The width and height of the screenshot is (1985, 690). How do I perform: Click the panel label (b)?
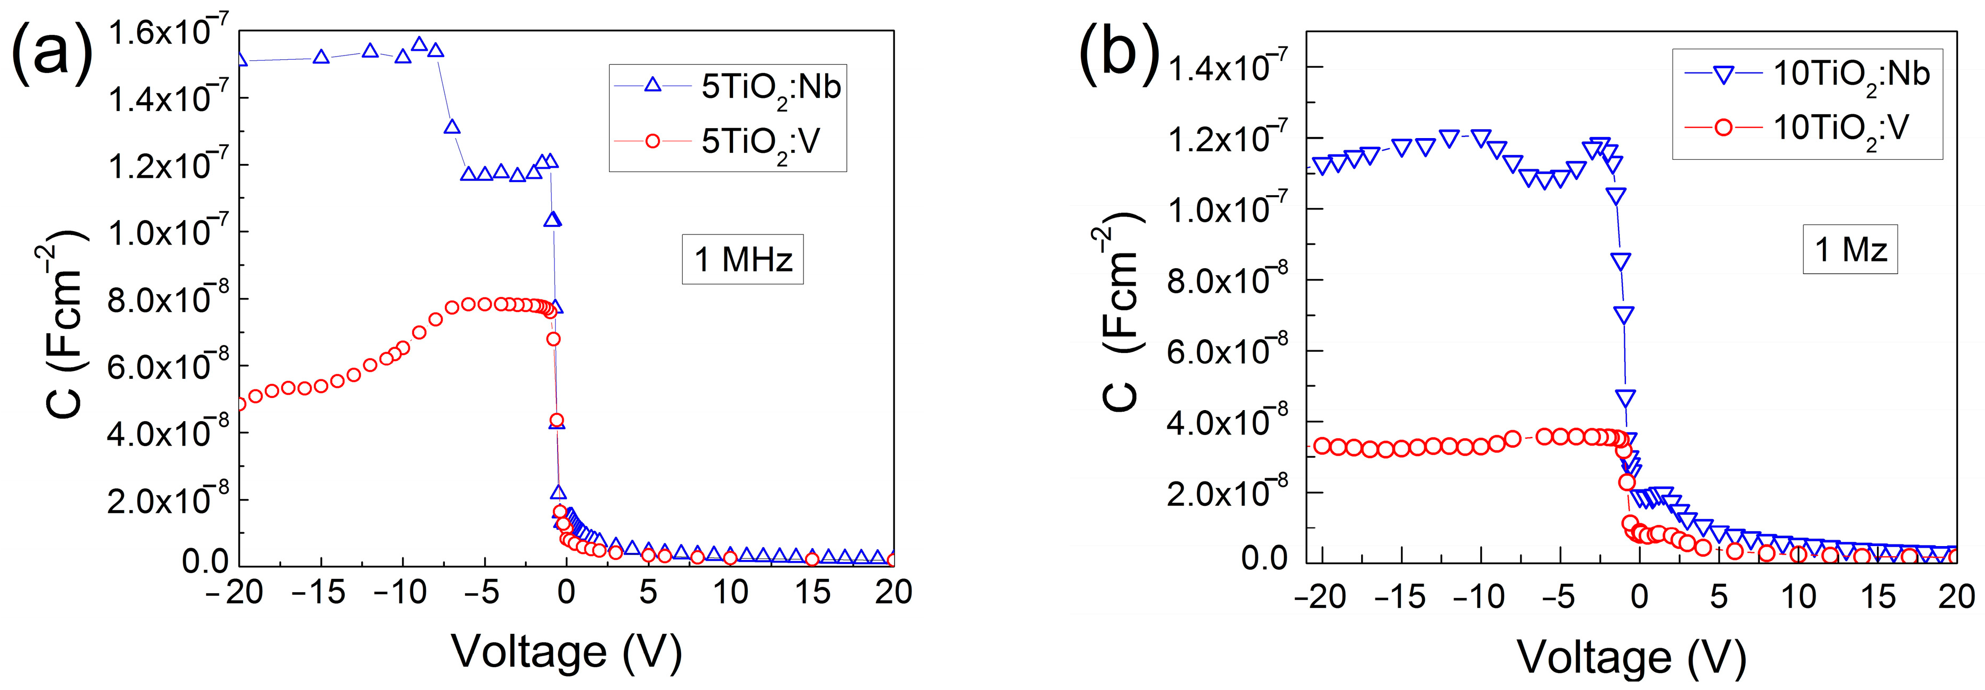tap(1119, 52)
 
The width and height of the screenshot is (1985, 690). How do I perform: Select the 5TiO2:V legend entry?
tap(727, 141)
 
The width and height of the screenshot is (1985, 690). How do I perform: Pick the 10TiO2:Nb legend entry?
tap(1806, 75)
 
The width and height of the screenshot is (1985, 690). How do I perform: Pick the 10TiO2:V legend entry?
tap(1806, 128)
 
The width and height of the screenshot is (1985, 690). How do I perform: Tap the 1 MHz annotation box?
tap(742, 259)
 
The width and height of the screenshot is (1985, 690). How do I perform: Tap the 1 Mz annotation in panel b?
tap(1849, 250)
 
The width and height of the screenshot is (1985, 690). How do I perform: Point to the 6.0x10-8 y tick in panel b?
tap(1227, 352)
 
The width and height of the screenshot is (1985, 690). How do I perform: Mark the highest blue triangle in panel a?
tap(419, 44)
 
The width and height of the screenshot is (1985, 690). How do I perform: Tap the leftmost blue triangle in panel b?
tap(1322, 166)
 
